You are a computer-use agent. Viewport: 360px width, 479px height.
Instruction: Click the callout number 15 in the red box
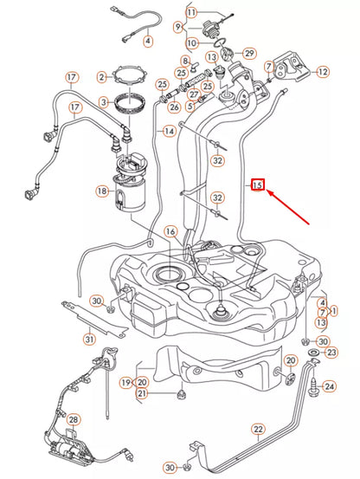coord(257,184)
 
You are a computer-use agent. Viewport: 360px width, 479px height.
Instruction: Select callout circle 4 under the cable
coord(146,40)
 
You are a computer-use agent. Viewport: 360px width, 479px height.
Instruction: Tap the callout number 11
coord(191,12)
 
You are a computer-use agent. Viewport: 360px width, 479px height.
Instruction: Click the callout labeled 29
coord(248,54)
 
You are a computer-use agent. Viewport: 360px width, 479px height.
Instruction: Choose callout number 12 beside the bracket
coord(323,73)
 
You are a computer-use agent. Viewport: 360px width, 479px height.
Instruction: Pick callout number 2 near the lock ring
coord(102,78)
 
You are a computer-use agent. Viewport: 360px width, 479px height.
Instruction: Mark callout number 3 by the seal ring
coord(102,101)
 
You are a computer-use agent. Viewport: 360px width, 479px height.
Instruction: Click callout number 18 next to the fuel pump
coord(102,191)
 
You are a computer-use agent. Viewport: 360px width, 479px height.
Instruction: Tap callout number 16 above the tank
coord(170,232)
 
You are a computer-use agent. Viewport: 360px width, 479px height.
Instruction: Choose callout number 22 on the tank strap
coord(258,428)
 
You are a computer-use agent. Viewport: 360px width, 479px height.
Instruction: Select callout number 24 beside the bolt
coord(329,385)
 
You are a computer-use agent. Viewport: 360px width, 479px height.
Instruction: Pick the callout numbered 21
coord(143,394)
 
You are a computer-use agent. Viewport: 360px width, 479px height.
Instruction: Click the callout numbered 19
coord(126,381)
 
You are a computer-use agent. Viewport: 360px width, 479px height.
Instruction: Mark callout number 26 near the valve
coord(174,107)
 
